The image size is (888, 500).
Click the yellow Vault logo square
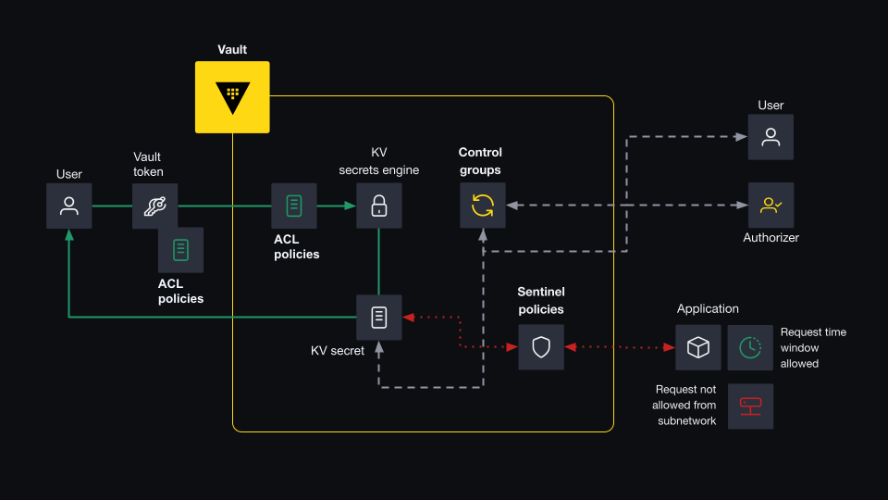tap(232, 97)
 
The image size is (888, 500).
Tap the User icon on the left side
tap(69, 206)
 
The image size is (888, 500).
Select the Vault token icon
tap(154, 206)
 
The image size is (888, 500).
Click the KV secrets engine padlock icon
tap(379, 206)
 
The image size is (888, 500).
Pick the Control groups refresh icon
tap(483, 206)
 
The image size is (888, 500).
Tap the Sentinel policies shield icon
tap(541, 347)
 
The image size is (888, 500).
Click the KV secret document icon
tap(379, 318)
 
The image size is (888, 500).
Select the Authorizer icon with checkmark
tap(771, 206)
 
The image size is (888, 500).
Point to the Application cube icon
tap(697, 347)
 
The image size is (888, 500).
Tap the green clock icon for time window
tap(750, 347)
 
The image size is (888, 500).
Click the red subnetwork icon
tap(750, 406)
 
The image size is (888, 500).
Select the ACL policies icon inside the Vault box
tap(294, 206)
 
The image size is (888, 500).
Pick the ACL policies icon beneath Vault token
tap(180, 250)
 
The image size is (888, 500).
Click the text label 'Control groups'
tap(480, 161)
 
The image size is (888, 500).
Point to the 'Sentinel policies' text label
tap(541, 301)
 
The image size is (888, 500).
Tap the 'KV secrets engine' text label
tap(379, 161)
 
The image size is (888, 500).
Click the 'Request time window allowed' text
tap(813, 348)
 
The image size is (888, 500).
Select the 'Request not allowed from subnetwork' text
tap(684, 406)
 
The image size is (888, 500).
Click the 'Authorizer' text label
tap(771, 238)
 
